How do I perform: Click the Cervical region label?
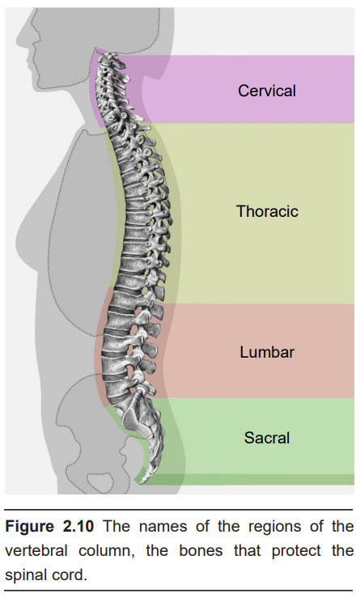pyautogui.click(x=267, y=91)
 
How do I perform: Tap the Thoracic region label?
pyautogui.click(x=267, y=211)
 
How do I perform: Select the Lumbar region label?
pyautogui.click(x=267, y=352)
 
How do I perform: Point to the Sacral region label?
pyautogui.click(x=267, y=438)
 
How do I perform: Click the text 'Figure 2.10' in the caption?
pyautogui.click(x=49, y=527)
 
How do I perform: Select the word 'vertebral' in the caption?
pyautogui.click(x=36, y=551)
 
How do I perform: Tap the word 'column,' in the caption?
pyautogui.click(x=107, y=551)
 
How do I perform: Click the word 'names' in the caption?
pyautogui.click(x=163, y=527)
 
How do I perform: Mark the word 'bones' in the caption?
pyautogui.click(x=201, y=551)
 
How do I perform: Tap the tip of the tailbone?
pyautogui.click(x=142, y=482)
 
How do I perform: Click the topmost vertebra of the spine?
pyautogui.click(x=109, y=58)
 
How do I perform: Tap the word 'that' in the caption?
pyautogui.click(x=247, y=551)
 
